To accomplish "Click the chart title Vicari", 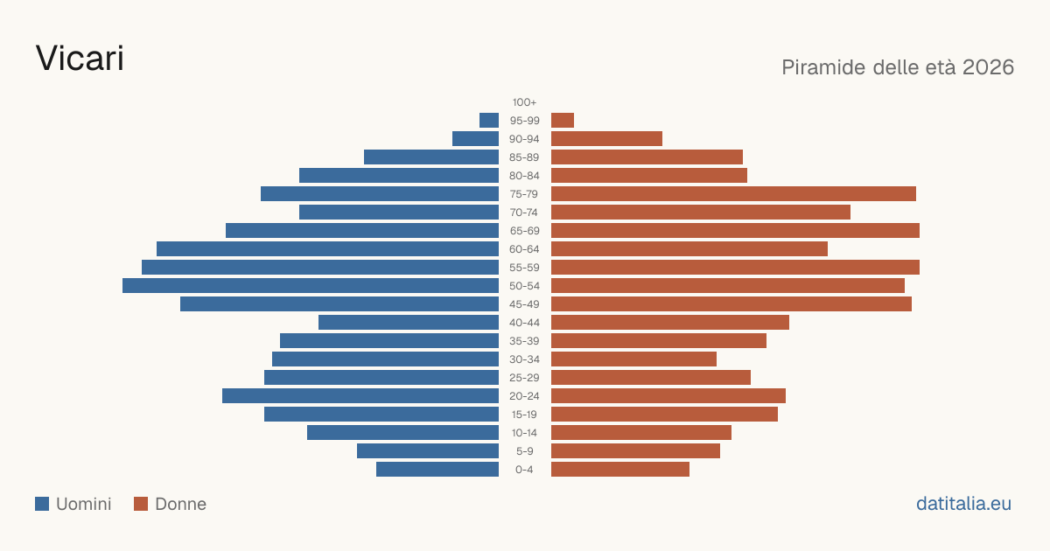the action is click(80, 59).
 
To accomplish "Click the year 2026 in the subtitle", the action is click(988, 67).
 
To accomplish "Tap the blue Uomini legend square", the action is click(42, 504).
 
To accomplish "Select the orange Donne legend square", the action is click(141, 504).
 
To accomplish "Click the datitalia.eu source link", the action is click(963, 504).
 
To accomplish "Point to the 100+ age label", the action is click(524, 102).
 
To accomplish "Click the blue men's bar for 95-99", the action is click(489, 121).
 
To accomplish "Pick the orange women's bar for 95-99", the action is click(563, 121).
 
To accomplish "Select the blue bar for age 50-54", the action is click(311, 286).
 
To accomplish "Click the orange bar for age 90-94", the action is click(606, 139).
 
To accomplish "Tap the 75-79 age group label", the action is click(524, 194).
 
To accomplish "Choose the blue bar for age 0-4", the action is click(437, 470).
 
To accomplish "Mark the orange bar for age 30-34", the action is click(633, 359).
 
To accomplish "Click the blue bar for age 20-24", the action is click(360, 396).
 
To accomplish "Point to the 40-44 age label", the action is click(524, 323).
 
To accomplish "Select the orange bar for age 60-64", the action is click(689, 248).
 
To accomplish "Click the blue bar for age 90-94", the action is click(475, 139).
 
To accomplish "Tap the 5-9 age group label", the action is click(524, 451).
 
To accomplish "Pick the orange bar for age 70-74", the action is click(701, 213).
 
